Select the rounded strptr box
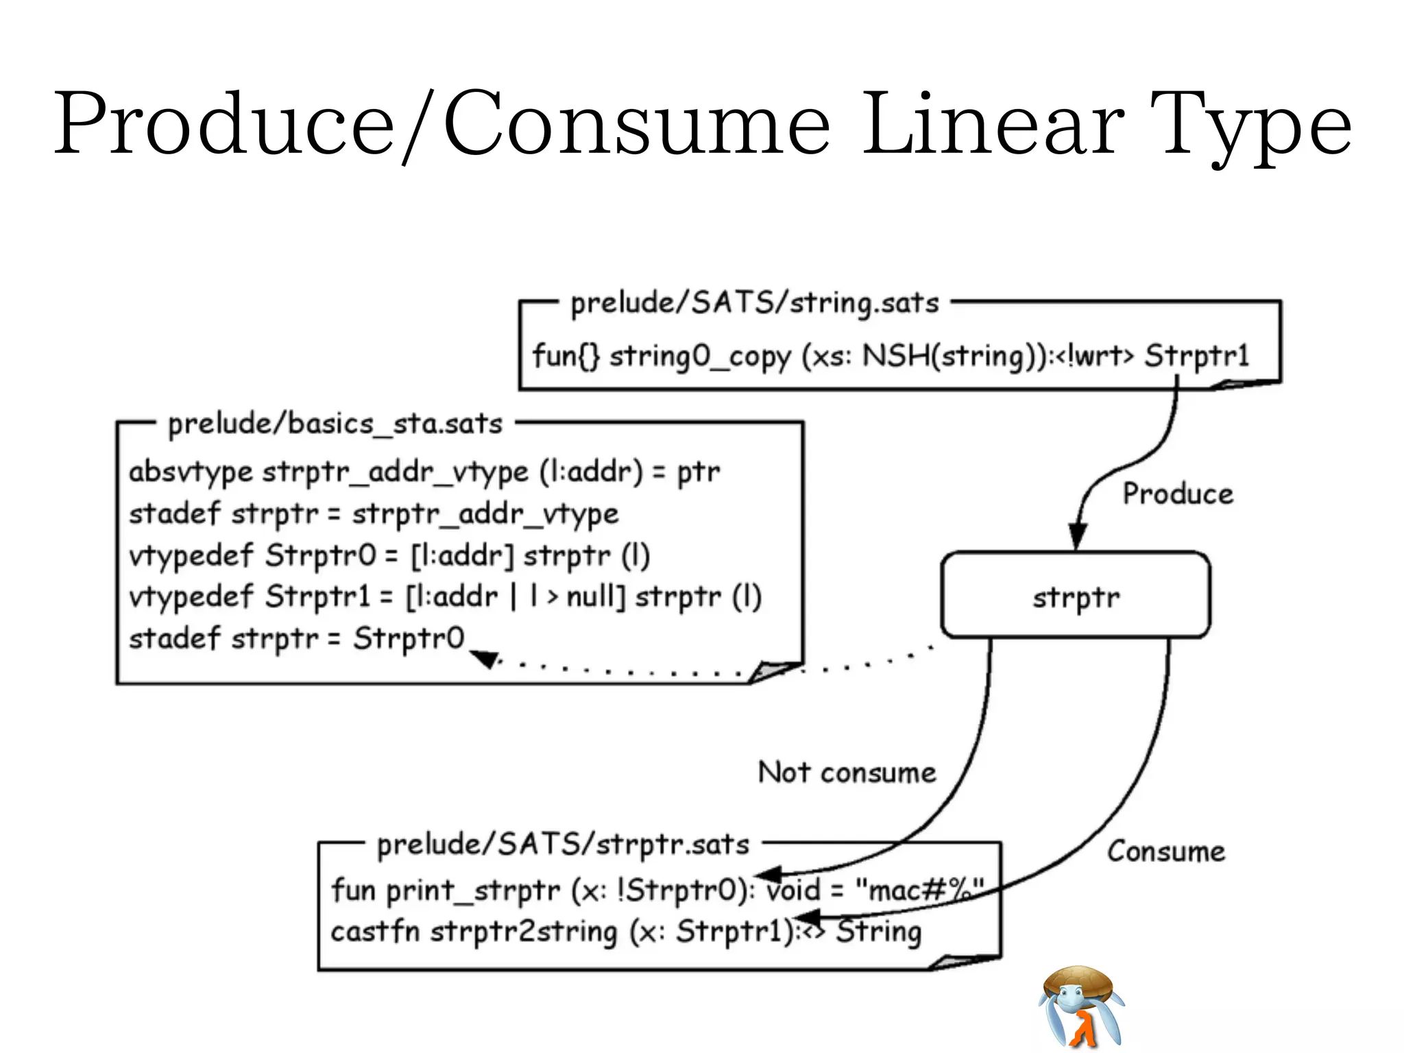1076,596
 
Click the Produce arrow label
1177,494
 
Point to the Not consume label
847,773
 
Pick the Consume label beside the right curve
1165,851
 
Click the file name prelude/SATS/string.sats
754,303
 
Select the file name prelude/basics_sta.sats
335,424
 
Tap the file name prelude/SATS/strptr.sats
563,845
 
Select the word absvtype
191,472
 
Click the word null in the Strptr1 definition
595,596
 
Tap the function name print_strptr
473,891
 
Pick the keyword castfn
374,932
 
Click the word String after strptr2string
879,932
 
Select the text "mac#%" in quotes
919,891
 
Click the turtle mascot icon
1081,1006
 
